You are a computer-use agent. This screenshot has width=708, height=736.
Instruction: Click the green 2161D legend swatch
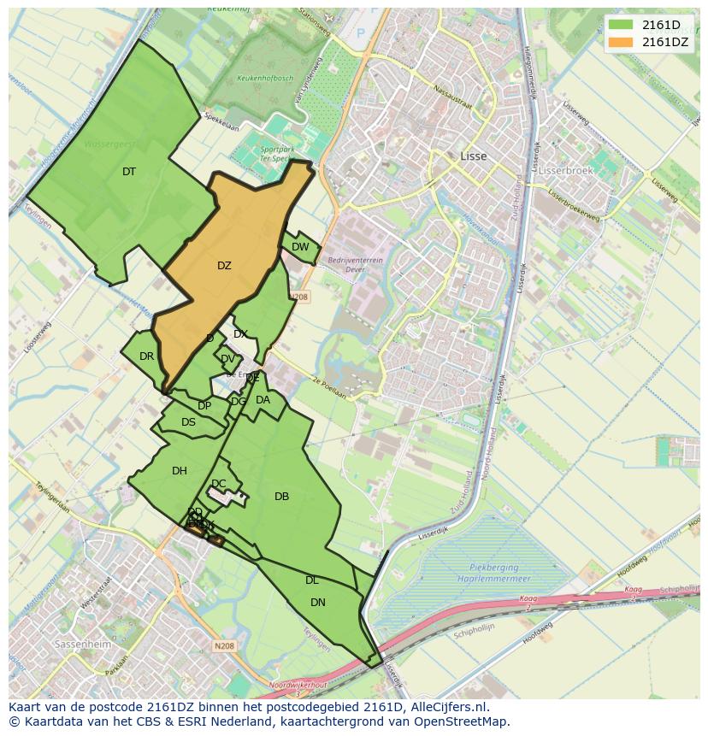(x=622, y=25)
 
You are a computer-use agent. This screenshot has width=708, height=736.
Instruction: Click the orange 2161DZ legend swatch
(x=622, y=42)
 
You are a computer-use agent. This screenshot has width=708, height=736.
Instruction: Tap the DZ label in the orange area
(x=224, y=266)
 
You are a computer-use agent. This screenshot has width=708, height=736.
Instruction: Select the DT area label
(x=129, y=172)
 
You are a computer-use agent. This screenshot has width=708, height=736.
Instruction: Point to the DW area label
(x=300, y=247)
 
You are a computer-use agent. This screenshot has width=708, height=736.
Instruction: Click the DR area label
(x=147, y=356)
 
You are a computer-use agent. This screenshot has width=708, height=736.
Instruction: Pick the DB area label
(x=281, y=497)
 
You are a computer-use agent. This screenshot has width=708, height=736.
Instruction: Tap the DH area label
(x=180, y=471)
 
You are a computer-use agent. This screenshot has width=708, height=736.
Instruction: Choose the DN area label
(x=318, y=603)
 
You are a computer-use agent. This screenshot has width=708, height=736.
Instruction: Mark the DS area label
(x=188, y=422)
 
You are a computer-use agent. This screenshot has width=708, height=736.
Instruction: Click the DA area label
(x=263, y=400)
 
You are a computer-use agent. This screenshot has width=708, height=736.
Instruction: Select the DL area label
(x=312, y=580)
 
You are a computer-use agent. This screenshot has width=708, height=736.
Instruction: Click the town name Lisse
(x=473, y=156)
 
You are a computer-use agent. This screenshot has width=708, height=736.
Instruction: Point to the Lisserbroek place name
(x=565, y=170)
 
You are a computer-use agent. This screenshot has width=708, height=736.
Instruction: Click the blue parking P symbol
(x=361, y=33)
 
